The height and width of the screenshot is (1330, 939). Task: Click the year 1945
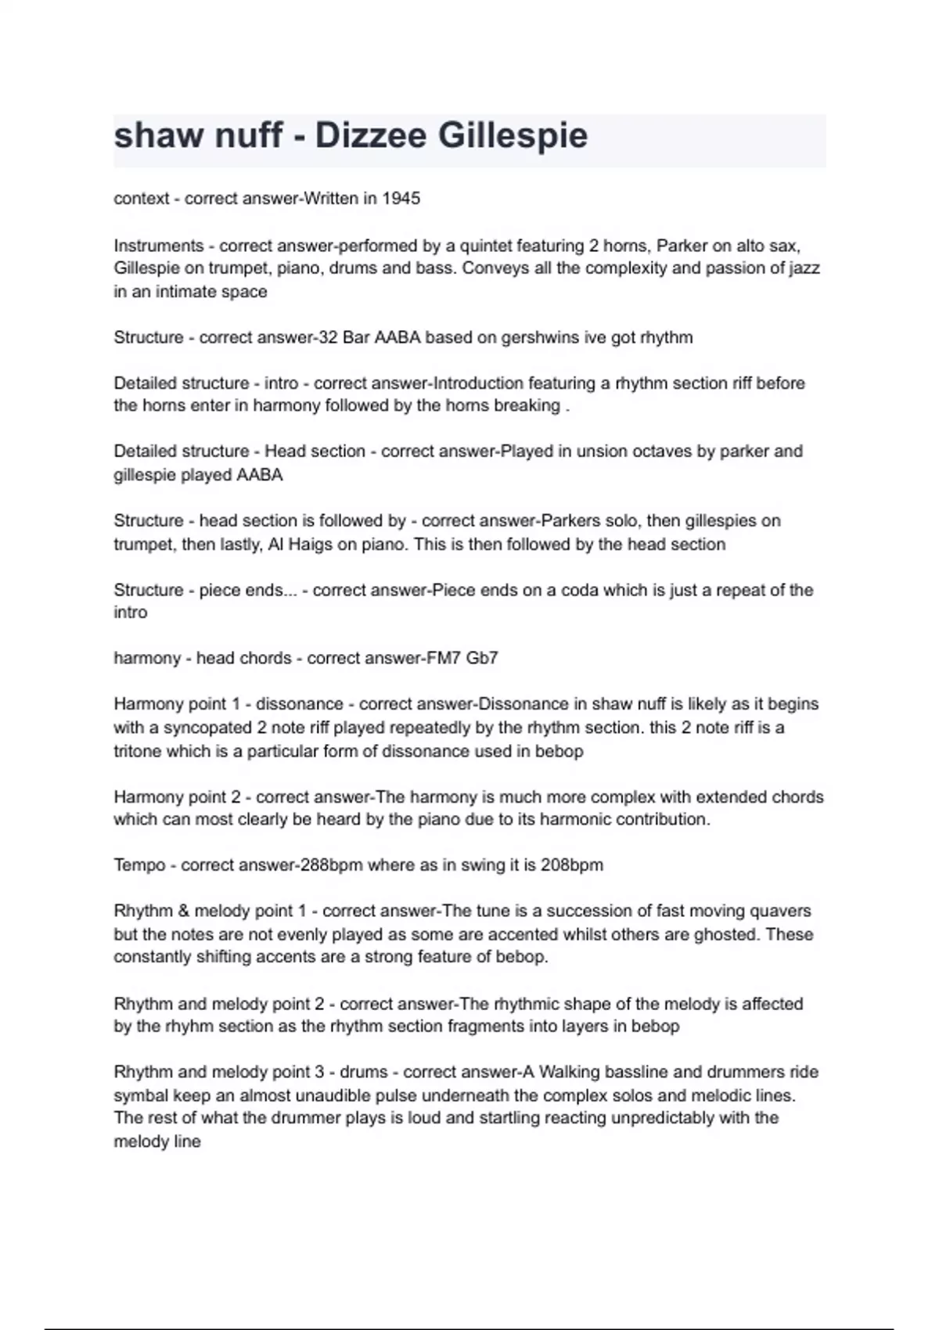click(x=401, y=199)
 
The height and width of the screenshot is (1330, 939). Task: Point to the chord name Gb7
click(x=482, y=658)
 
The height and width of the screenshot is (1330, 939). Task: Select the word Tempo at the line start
click(x=139, y=865)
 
